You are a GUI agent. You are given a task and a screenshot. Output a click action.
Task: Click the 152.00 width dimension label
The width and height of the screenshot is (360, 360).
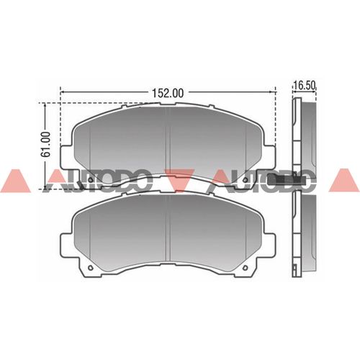[x=168, y=93]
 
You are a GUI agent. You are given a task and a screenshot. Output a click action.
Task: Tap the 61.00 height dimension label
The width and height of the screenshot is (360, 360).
[x=46, y=144]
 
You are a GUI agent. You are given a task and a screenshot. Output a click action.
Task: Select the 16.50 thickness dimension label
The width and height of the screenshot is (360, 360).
[x=304, y=86]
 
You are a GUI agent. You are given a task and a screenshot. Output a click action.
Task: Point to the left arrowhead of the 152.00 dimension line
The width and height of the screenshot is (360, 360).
[x=63, y=91]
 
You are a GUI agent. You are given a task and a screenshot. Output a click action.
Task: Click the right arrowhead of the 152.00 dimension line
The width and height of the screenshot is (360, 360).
[x=272, y=91]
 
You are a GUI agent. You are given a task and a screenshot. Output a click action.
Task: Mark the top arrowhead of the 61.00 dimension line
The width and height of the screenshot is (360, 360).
[x=45, y=105]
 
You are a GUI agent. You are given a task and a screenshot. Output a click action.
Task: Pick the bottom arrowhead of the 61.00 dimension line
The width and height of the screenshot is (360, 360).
[x=45, y=186]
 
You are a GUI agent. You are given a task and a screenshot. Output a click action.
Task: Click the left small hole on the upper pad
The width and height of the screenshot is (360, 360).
[x=90, y=179]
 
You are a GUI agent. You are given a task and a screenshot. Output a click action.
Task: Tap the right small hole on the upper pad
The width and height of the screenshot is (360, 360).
[x=245, y=179]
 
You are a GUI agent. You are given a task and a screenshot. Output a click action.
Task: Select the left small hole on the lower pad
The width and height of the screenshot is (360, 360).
[x=90, y=268]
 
